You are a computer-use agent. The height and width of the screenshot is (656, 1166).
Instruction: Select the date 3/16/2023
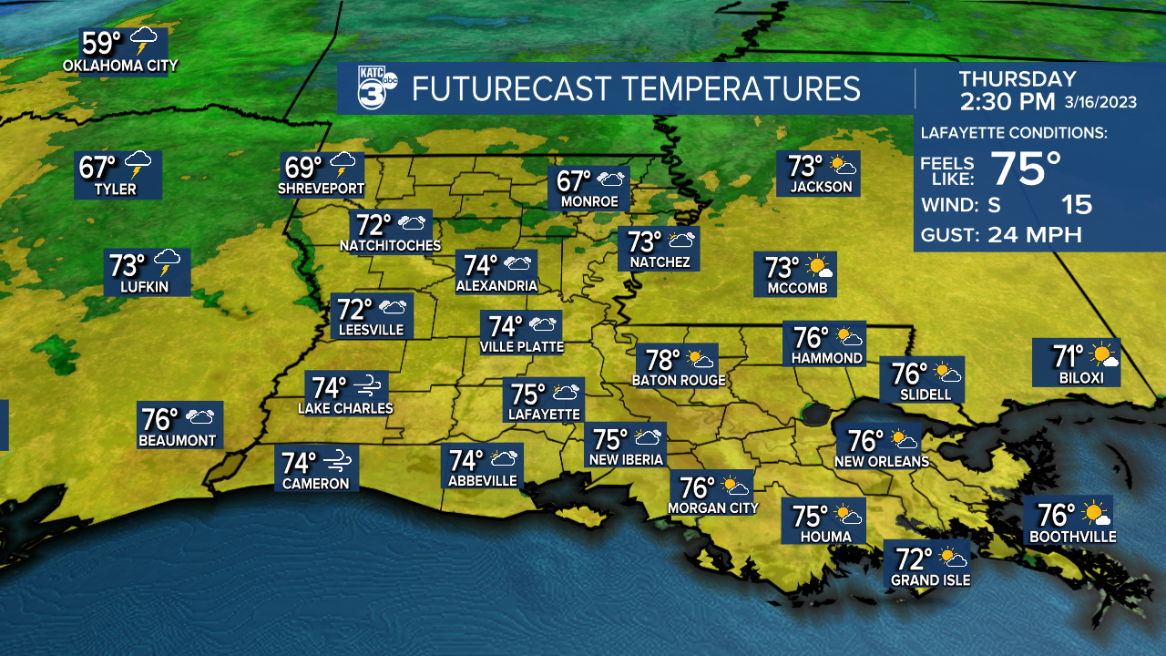point(1101,102)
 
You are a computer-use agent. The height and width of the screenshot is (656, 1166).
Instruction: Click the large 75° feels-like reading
point(1026,169)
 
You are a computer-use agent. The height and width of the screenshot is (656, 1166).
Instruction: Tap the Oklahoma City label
point(120,66)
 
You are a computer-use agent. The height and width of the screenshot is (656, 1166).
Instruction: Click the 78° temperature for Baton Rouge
point(663,360)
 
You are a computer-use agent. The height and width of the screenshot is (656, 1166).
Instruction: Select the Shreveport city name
point(321,190)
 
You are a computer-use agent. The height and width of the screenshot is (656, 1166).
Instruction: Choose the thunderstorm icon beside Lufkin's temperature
point(168,263)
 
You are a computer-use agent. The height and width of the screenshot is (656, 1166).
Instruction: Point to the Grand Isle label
point(930,579)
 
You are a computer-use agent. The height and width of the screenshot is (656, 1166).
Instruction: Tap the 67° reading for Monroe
point(575,180)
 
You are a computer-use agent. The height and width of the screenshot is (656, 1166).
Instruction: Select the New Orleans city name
point(882,462)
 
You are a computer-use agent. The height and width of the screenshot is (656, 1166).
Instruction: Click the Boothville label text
point(1072,538)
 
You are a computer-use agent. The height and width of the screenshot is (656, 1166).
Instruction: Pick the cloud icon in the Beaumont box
point(199,418)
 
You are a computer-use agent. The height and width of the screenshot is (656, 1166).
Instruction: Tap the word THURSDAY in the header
point(1018,79)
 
